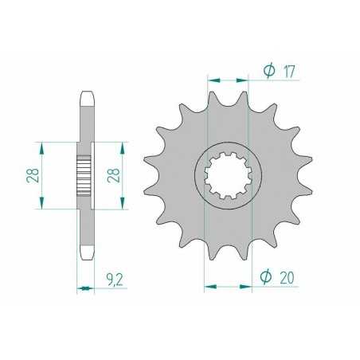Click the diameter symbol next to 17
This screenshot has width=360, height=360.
click(x=268, y=72)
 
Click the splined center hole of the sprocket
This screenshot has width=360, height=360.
click(x=229, y=174)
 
